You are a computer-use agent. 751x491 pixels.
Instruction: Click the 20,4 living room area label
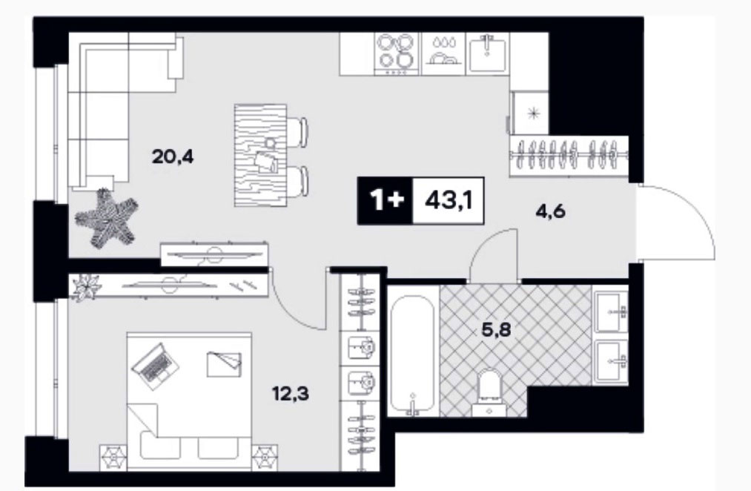[x=173, y=156]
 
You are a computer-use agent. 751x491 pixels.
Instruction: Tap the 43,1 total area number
[x=449, y=201]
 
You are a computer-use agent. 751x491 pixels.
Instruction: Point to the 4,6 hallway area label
[x=550, y=211]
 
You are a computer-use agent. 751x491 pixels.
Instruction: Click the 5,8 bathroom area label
[x=497, y=330]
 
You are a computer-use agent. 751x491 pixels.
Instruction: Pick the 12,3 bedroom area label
[x=291, y=395]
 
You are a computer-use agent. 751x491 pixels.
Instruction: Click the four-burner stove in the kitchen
[x=396, y=53]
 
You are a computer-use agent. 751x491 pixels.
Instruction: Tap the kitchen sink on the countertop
[x=487, y=53]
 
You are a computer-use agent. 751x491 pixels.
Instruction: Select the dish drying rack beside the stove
[x=443, y=53]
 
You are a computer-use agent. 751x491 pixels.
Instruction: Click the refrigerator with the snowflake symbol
[x=530, y=113]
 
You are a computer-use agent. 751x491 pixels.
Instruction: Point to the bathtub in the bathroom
[x=412, y=355]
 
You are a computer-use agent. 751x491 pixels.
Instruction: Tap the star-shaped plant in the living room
[x=107, y=218]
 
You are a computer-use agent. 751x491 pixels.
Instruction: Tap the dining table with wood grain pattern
[x=261, y=155]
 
